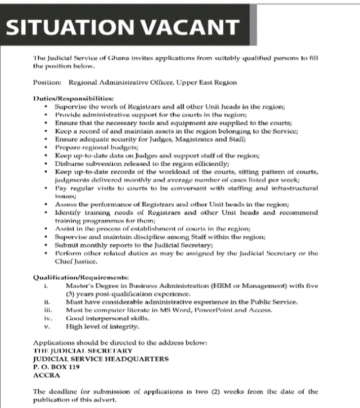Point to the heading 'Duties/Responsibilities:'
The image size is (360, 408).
click(x=73, y=99)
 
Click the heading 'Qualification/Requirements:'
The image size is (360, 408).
click(x=80, y=278)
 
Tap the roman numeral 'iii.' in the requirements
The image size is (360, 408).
click(x=48, y=310)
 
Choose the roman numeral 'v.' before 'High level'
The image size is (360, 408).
click(x=48, y=326)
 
